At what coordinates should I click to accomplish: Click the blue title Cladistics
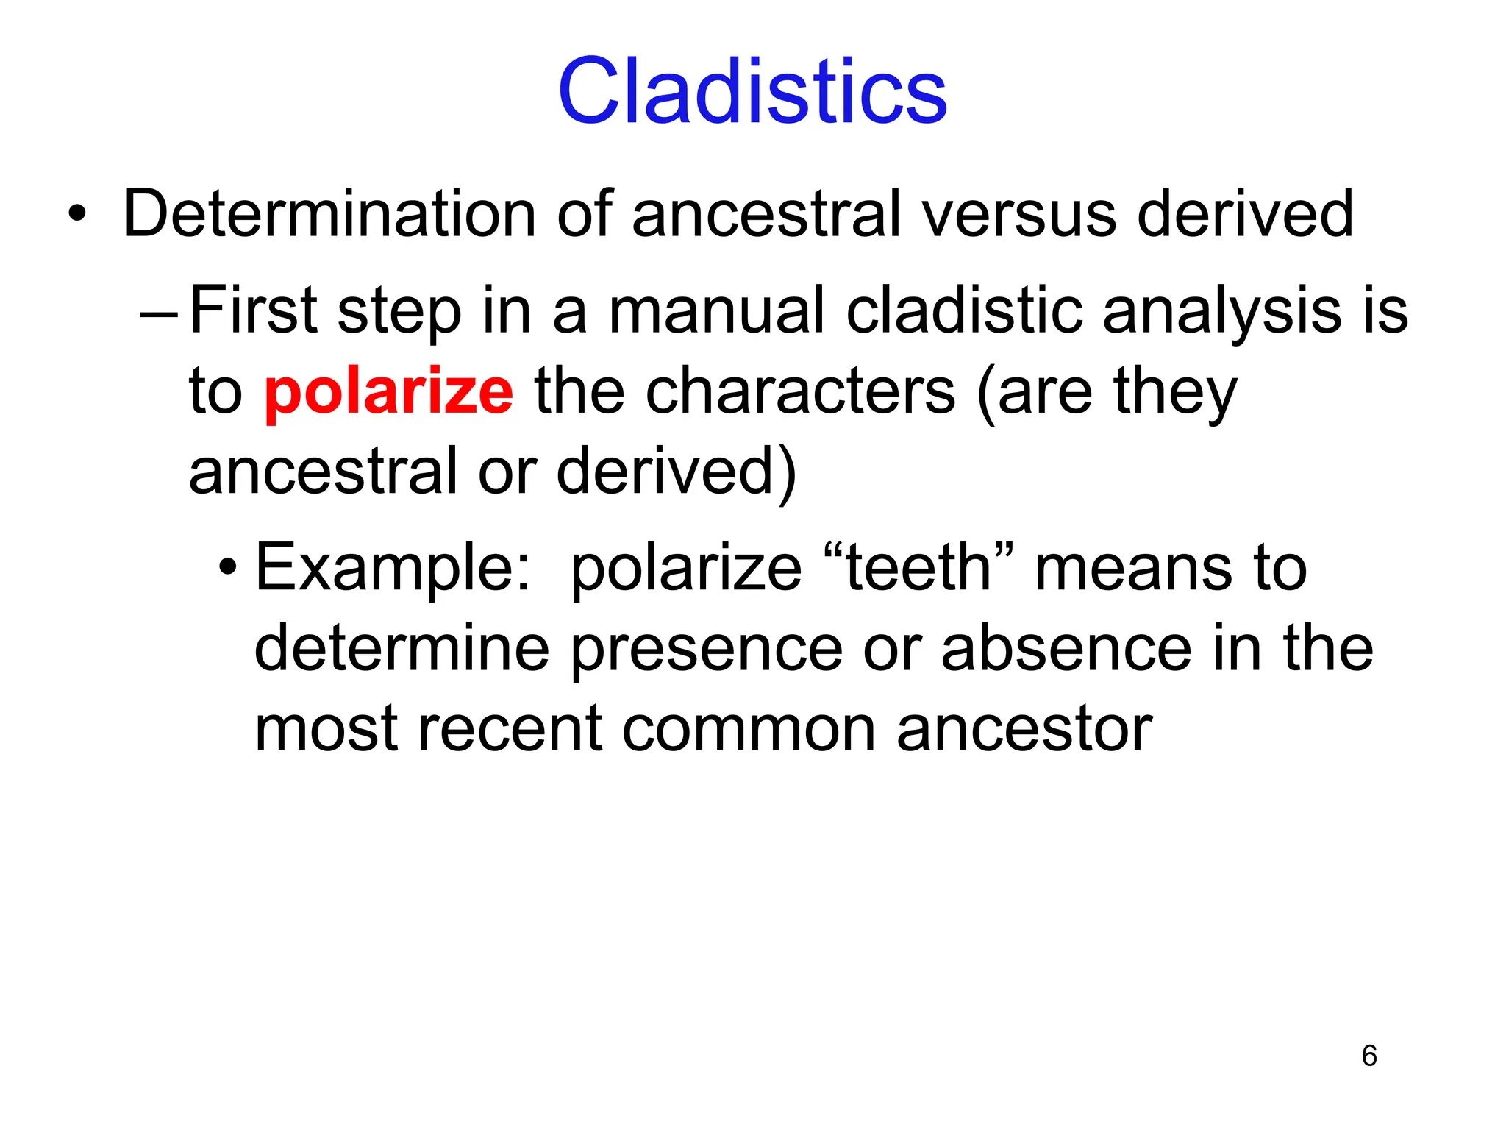tap(752, 91)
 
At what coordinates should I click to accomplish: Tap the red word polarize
tap(388, 391)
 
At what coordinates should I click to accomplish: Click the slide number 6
tap(1368, 1056)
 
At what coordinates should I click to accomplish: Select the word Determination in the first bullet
tap(329, 214)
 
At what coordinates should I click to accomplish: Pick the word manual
tap(717, 310)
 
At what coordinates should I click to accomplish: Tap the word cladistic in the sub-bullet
tap(964, 310)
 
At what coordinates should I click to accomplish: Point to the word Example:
tap(392, 569)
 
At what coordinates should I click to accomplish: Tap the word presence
tap(706, 650)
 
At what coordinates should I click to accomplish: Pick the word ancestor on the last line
tap(1024, 730)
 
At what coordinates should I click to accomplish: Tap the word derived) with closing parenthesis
tap(676, 472)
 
